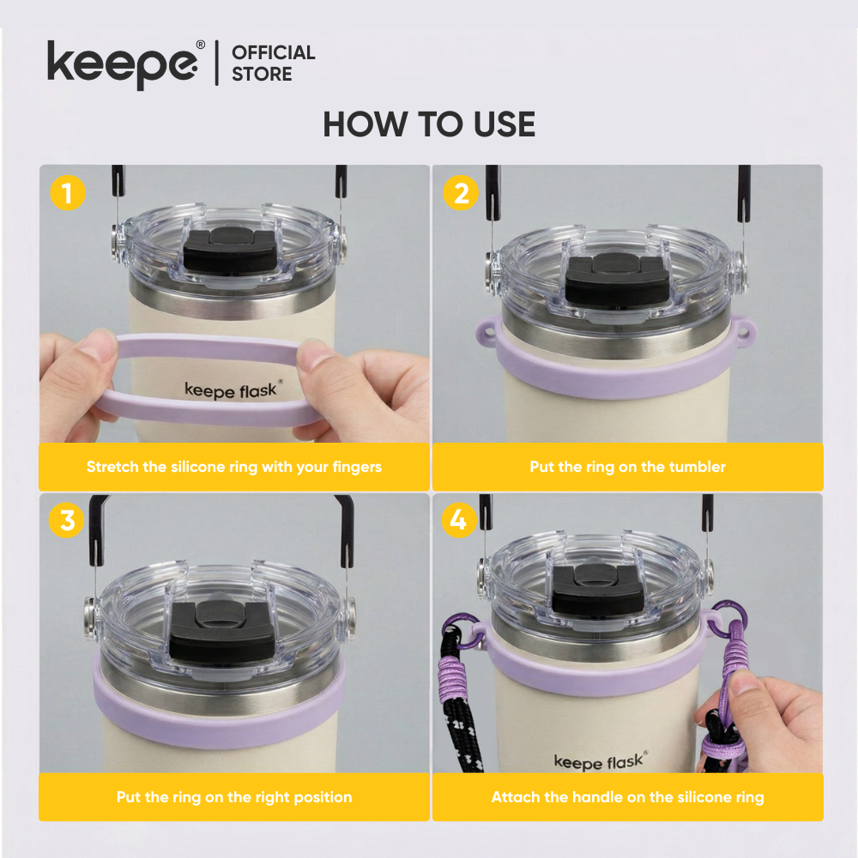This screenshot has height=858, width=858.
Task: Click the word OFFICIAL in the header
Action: coord(273,52)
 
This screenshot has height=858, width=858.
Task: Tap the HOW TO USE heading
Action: coord(429,124)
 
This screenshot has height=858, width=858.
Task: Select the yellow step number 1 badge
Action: coord(68,192)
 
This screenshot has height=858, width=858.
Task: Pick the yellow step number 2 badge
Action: coord(461,192)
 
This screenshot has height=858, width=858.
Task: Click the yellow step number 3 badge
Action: coord(67,520)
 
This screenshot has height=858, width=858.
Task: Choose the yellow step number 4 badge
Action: coord(459,520)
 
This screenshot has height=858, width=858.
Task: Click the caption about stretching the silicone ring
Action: coord(234,467)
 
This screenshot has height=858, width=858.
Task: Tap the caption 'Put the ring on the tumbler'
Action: coord(628,467)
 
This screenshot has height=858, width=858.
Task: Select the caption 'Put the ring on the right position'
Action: coord(234,797)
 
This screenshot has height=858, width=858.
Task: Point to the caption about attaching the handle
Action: coord(628,797)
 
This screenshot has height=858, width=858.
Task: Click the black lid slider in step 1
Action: coord(230,249)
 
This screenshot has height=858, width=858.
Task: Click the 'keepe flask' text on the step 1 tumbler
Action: coord(233,390)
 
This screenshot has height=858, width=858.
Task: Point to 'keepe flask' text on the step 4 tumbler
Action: coord(601,760)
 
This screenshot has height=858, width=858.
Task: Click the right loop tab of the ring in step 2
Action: coord(744,331)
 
